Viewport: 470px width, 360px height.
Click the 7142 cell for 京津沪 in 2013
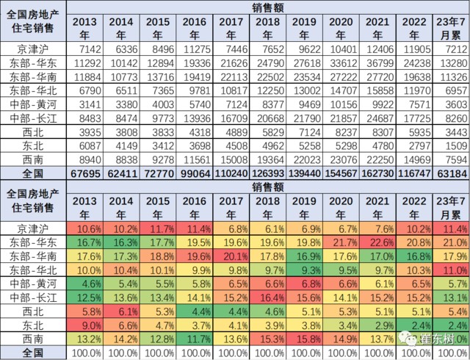coord(87,48)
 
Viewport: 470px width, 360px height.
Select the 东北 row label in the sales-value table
coord(33,145)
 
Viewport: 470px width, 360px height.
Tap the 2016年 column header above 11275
coord(197,28)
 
